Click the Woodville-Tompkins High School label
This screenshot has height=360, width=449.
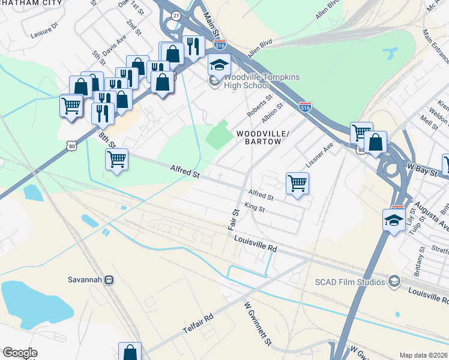click(261, 82)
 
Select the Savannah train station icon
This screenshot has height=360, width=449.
click(109, 280)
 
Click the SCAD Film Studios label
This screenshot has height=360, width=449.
click(351, 281)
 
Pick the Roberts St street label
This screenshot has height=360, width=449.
click(261, 105)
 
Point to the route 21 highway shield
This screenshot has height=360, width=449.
click(175, 16)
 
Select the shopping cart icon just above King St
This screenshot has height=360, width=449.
click(297, 183)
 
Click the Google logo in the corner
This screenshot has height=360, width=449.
click(20, 353)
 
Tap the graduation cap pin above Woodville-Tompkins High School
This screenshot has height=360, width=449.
click(219, 64)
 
